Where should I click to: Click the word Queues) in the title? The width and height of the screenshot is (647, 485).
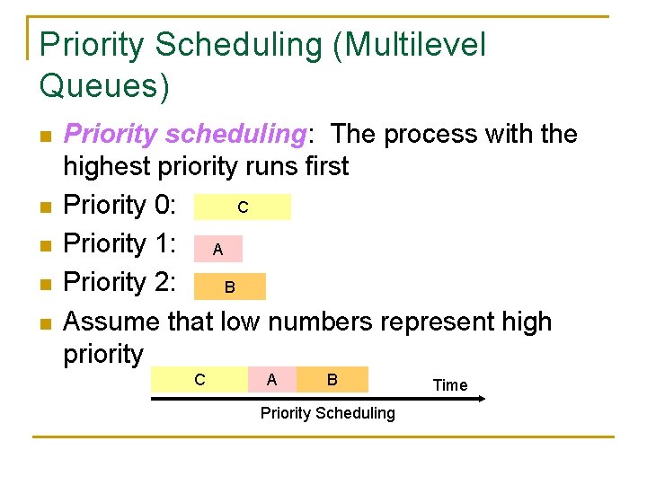click(x=104, y=85)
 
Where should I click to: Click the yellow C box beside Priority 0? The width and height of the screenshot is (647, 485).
click(x=243, y=207)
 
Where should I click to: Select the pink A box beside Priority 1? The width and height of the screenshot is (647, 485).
click(x=218, y=249)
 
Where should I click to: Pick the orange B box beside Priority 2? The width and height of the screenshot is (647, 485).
click(x=230, y=287)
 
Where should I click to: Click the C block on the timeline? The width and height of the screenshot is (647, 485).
click(x=199, y=380)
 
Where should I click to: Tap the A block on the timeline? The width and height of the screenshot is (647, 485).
click(x=271, y=380)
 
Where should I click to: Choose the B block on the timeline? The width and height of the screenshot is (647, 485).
click(x=332, y=380)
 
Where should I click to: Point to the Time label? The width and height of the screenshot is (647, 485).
click(x=450, y=385)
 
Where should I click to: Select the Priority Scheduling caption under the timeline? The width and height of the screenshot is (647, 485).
click(x=327, y=413)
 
